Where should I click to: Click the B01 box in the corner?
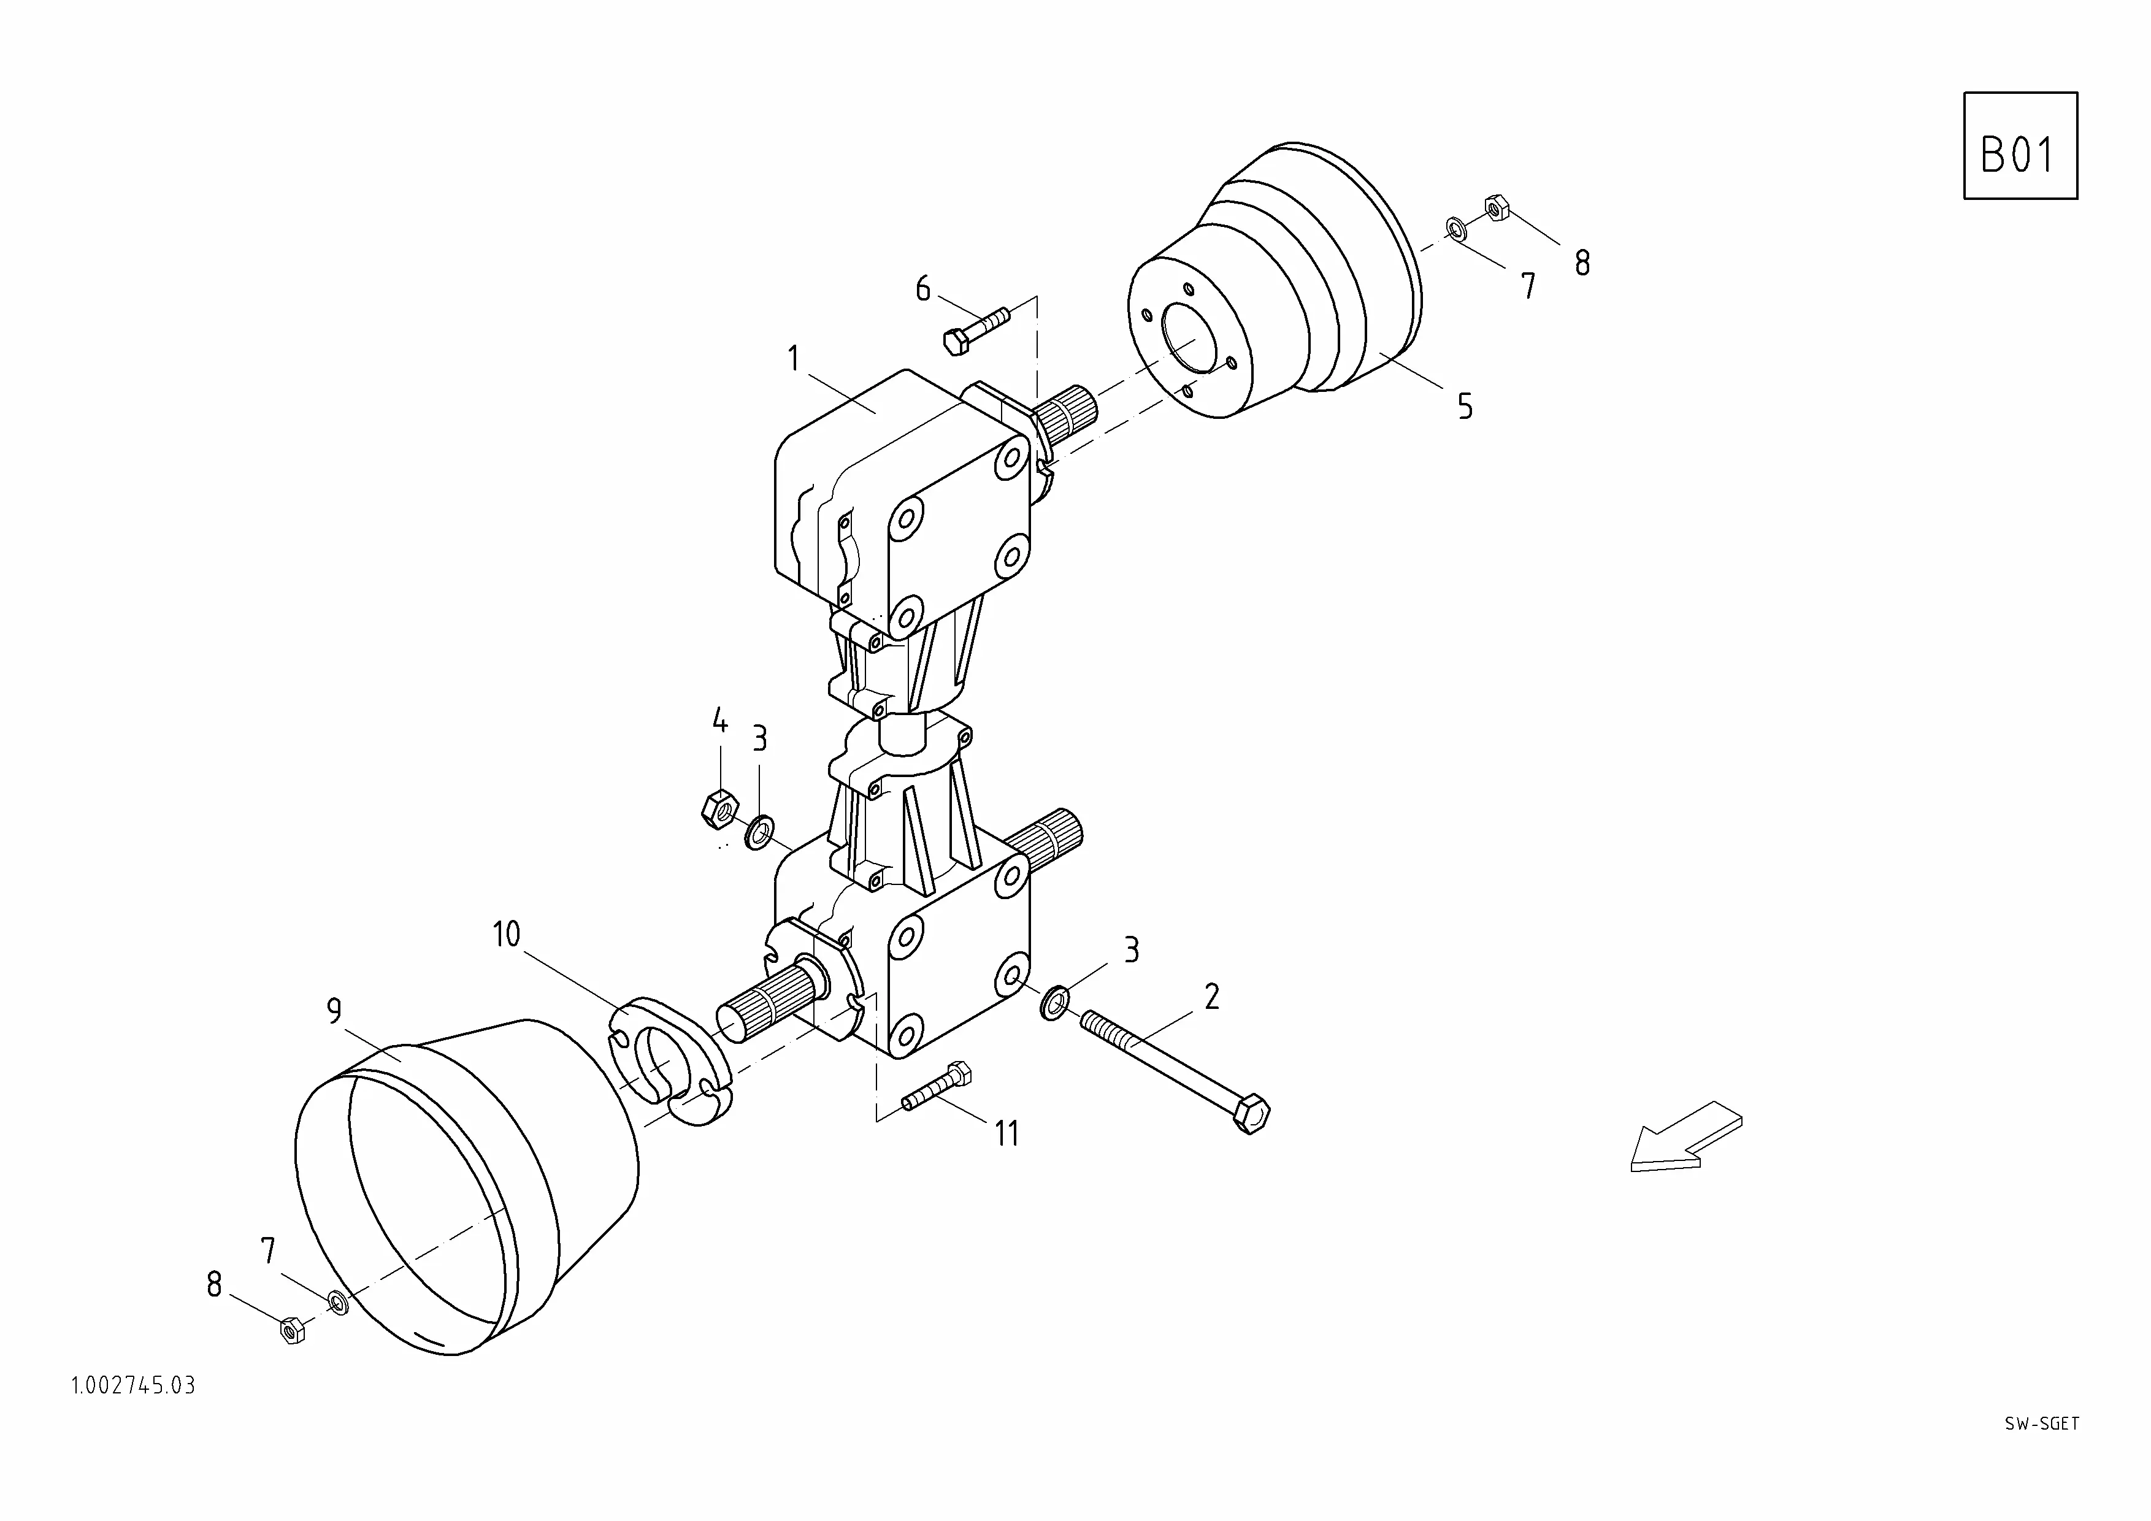click(2020, 146)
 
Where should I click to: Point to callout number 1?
click(794, 359)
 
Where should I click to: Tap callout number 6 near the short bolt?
click(923, 288)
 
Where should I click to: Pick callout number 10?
click(506, 935)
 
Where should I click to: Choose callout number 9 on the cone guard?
click(334, 1011)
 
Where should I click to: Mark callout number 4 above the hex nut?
click(719, 721)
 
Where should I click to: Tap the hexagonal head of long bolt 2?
click(1252, 1116)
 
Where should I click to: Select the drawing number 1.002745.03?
click(133, 1386)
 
